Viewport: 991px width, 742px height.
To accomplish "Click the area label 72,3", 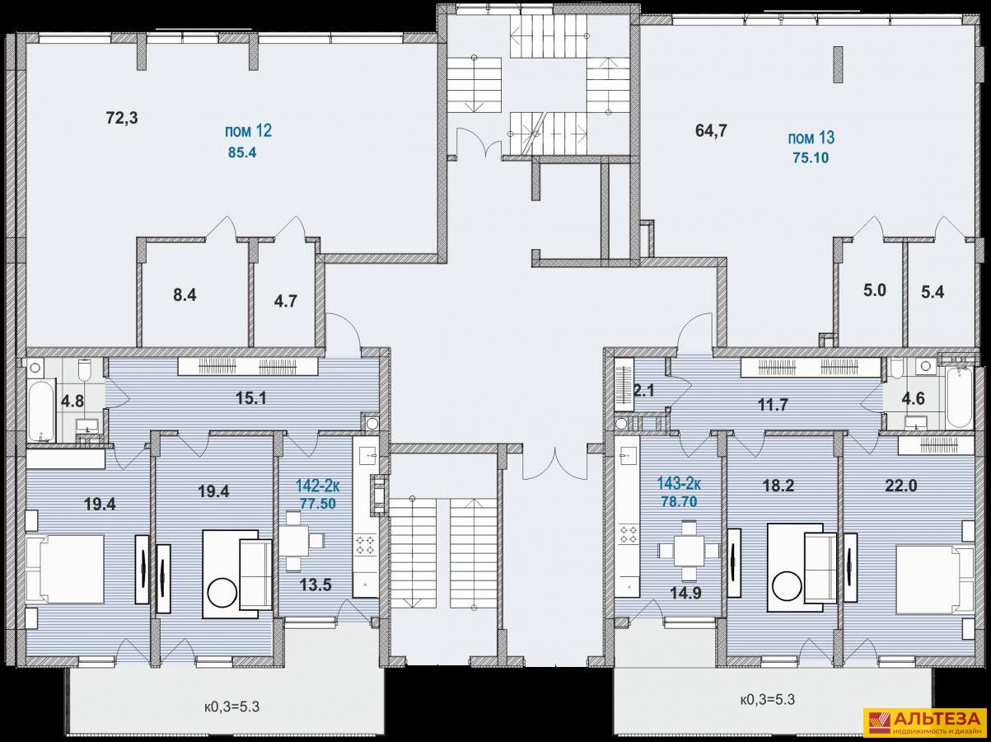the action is pyautogui.click(x=122, y=119).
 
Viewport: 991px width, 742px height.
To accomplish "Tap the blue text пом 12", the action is pyautogui.click(x=248, y=131).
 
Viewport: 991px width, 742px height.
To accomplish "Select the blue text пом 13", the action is pyautogui.click(x=811, y=138).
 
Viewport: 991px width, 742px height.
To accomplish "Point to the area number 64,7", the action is pyautogui.click(x=711, y=130).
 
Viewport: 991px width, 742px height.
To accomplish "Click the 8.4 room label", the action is pyautogui.click(x=185, y=295).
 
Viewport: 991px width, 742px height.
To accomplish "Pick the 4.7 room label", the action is pyautogui.click(x=285, y=301).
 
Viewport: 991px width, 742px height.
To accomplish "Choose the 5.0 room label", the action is pyautogui.click(x=875, y=290).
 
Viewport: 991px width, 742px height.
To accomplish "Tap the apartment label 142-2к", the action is pyautogui.click(x=318, y=486).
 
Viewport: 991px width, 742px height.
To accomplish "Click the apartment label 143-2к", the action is pyautogui.click(x=679, y=484).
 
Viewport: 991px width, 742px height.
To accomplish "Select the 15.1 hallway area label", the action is pyautogui.click(x=251, y=398).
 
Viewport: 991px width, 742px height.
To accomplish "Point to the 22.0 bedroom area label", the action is pyautogui.click(x=900, y=486).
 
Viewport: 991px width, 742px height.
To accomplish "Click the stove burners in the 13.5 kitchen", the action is pyautogui.click(x=366, y=543).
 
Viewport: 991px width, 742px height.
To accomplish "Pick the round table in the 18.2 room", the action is pyautogui.click(x=786, y=585).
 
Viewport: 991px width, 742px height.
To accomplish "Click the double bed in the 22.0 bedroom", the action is pyautogui.click(x=934, y=580).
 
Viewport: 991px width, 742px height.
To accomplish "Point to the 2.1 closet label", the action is pyautogui.click(x=644, y=391).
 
